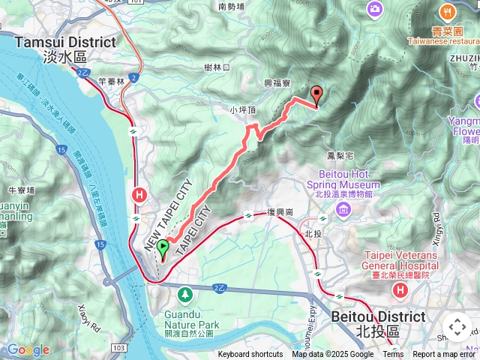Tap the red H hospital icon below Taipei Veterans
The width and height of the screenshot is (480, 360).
coord(400,289)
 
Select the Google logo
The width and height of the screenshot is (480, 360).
coord(28,349)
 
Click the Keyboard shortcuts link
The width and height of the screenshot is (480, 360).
coord(250,355)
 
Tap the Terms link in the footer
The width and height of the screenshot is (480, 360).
coord(393,355)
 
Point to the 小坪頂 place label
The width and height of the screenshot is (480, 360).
coord(244,109)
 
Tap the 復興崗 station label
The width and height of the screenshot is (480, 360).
coord(279,213)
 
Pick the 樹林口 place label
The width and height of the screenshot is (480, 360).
coord(217,67)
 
